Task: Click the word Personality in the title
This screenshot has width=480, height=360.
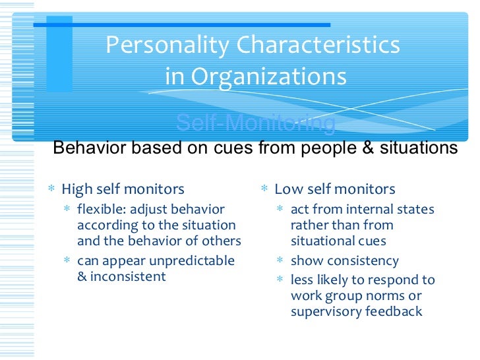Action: coord(167,45)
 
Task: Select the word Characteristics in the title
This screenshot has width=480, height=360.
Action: coord(318,45)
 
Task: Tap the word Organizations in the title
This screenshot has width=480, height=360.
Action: coord(268,77)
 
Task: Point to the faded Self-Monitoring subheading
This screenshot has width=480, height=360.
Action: coord(256,123)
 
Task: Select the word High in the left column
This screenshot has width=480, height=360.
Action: coord(76,190)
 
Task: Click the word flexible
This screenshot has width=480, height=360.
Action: coord(102,210)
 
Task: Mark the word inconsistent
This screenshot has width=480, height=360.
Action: coord(128,276)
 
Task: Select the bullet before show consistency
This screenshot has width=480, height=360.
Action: coord(280,261)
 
